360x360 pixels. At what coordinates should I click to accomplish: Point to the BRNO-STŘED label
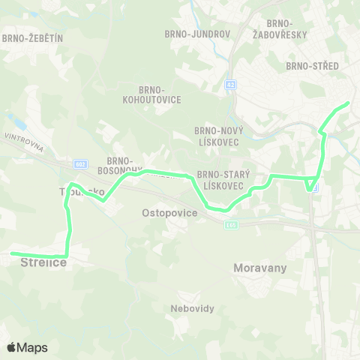click(x=312, y=66)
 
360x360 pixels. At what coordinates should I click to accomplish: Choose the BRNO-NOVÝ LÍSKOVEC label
click(x=214, y=135)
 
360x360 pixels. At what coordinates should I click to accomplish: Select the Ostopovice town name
click(x=169, y=214)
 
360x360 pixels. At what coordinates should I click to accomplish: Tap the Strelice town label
click(x=43, y=262)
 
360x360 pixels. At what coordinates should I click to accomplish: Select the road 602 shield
click(x=81, y=163)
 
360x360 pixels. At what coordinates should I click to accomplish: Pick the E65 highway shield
click(x=232, y=224)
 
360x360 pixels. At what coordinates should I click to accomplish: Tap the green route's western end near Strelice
click(x=13, y=253)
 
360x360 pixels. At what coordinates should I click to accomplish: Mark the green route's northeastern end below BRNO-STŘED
click(x=348, y=103)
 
